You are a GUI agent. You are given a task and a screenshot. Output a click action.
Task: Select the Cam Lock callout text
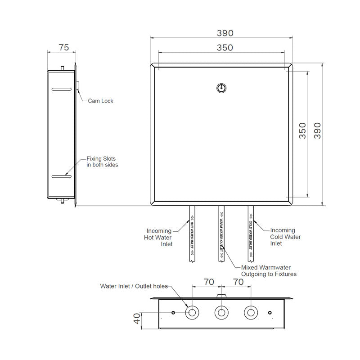tap(100, 101)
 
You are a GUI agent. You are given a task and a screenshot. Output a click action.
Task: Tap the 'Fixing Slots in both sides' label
tap(102, 162)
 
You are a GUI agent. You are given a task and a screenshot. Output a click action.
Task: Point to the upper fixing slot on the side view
tap(61, 90)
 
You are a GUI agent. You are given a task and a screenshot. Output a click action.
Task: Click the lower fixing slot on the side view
tap(61, 176)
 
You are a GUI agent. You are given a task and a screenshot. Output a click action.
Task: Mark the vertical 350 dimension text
tap(302, 130)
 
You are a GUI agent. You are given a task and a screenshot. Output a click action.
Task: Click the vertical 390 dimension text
tap(318, 130)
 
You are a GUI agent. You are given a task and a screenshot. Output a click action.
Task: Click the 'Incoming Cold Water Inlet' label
tap(285, 237)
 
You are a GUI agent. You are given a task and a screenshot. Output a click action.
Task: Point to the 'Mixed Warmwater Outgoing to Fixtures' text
tap(269, 270)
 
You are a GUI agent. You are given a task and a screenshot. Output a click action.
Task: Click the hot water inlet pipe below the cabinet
tap(192, 234)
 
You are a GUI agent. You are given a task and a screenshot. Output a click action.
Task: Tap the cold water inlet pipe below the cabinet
tap(251, 234)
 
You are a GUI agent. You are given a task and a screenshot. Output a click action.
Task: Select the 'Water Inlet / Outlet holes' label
tap(134, 286)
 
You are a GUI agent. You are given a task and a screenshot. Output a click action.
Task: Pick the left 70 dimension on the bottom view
tap(208, 282)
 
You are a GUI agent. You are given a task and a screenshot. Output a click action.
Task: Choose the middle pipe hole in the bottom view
tap(221, 312)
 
